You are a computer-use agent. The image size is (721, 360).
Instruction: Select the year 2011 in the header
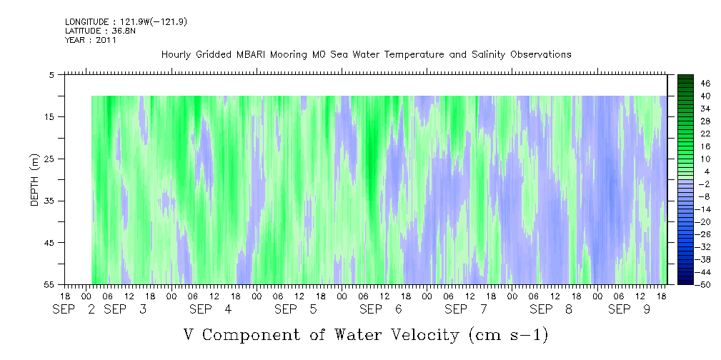tap(106, 40)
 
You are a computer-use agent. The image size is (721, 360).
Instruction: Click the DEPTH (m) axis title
tap(35, 179)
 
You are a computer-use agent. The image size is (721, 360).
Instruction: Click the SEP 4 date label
tap(211, 310)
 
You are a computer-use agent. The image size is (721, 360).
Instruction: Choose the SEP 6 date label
tap(381, 310)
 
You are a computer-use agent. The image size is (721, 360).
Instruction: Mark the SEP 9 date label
tap(629, 310)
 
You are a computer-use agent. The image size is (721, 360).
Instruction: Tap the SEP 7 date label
tap(466, 310)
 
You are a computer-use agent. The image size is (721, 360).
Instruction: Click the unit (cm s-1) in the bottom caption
tap(509, 336)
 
